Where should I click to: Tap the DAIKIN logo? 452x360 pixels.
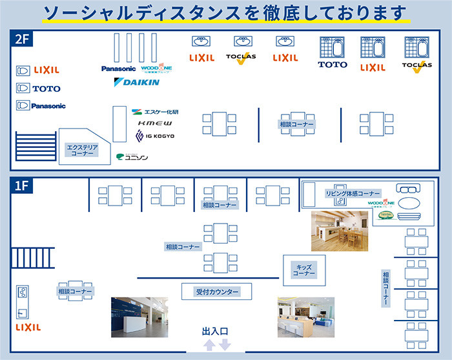coord(136,83)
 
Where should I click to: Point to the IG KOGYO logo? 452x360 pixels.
coord(155,136)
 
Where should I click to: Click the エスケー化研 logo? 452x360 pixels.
coord(155,111)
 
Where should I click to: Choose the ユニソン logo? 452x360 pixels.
coord(133,156)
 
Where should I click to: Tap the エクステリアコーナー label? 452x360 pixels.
coord(82,151)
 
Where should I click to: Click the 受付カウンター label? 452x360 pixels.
coord(218,292)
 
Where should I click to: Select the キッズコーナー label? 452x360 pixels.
coord(303,270)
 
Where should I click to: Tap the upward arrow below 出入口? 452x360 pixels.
coord(209,345)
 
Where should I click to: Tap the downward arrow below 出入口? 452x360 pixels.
coord(225,345)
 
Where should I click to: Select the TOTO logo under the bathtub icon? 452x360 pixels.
coord(333,65)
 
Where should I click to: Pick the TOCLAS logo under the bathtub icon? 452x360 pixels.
coord(416,66)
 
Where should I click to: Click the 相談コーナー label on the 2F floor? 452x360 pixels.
coord(297,123)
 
